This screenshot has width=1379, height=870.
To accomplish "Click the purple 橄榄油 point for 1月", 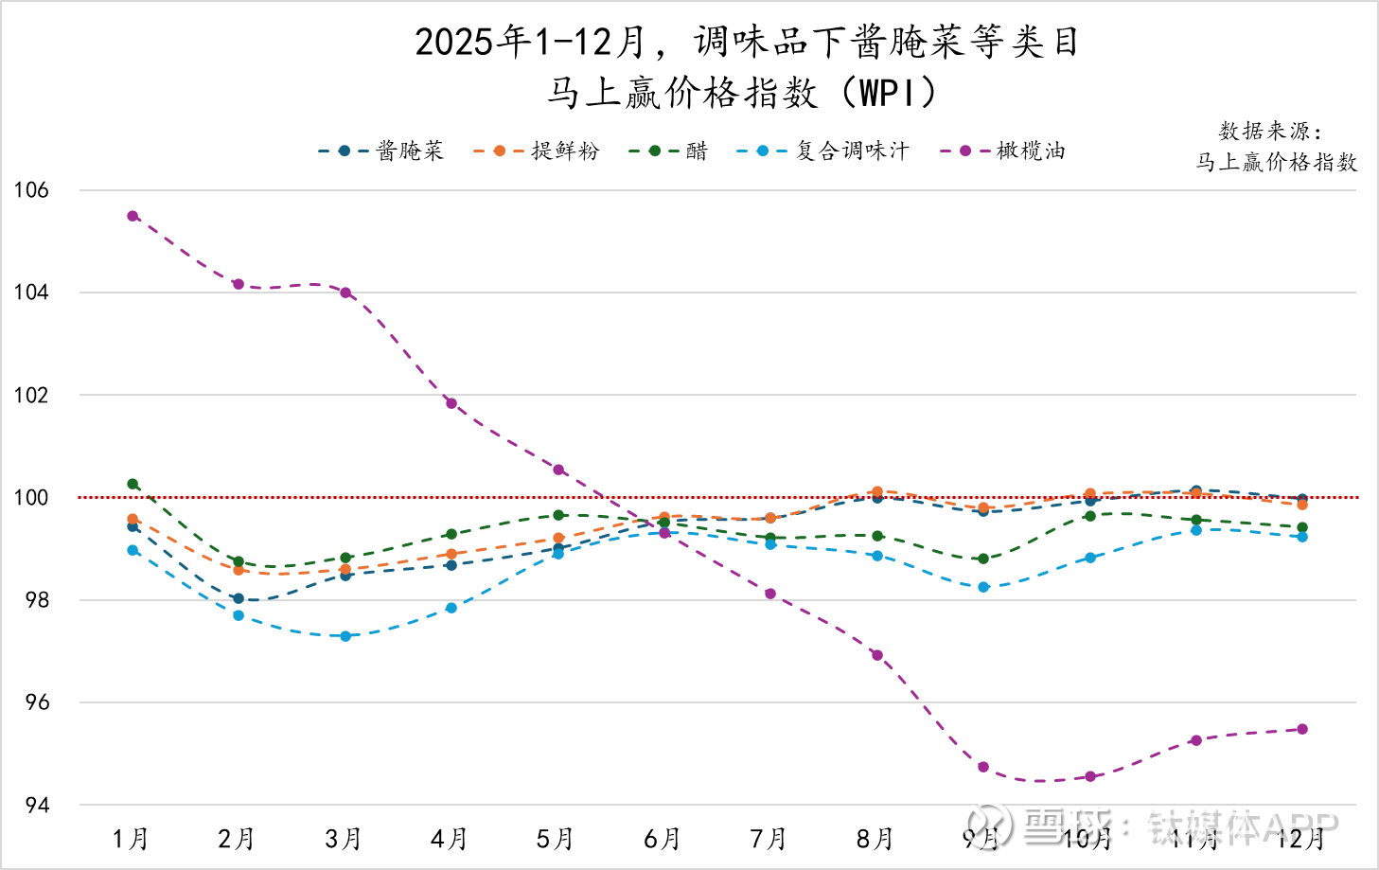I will (x=133, y=216).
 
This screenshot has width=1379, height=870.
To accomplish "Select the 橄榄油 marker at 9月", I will (x=983, y=767).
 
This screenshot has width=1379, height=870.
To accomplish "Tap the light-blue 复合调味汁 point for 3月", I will (x=345, y=636).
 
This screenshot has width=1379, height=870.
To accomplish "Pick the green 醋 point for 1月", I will (x=133, y=484).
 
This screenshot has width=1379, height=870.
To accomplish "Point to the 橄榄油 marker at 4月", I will (x=451, y=403).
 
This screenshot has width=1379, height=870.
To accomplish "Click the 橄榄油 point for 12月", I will (x=1302, y=729).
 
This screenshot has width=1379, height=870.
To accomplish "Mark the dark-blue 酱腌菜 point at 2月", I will (x=239, y=598).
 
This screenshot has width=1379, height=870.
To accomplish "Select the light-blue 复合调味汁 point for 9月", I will (x=983, y=587).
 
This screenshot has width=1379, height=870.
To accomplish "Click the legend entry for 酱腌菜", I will (x=380, y=151).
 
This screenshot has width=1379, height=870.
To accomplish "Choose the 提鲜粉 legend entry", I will (x=536, y=151).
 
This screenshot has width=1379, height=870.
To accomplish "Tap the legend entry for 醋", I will (x=668, y=151).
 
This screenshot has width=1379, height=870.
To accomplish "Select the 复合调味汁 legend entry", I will (x=822, y=151).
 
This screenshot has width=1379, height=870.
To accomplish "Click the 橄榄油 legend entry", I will (x=1003, y=151).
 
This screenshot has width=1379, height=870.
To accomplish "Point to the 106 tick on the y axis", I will (x=31, y=190).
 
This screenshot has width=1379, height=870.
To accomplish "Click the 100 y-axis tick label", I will (x=31, y=498).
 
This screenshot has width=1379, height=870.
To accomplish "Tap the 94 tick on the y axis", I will (x=37, y=806).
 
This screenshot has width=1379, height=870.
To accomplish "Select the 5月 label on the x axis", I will (x=556, y=839).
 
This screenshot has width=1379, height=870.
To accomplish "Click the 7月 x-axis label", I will (x=769, y=839).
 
